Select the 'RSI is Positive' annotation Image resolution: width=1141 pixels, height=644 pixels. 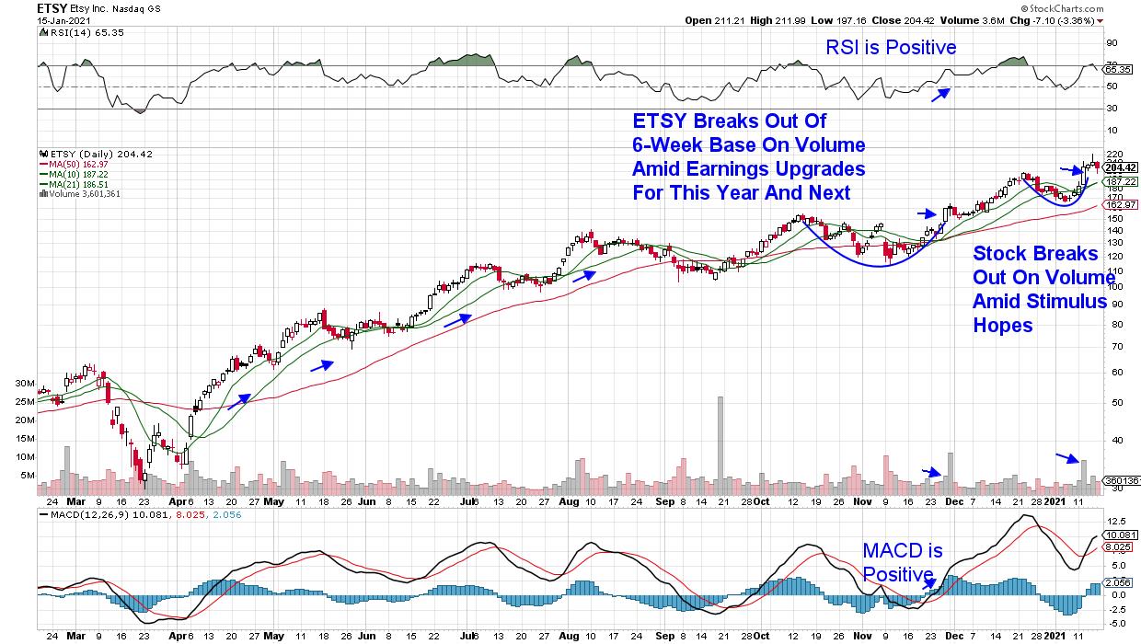coord(888,48)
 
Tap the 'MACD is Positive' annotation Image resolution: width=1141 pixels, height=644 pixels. coord(903,562)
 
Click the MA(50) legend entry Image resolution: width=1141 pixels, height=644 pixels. coord(73,164)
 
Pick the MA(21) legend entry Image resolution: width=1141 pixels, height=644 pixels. coord(73,183)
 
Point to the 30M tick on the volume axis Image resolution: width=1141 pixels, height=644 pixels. coord(25,383)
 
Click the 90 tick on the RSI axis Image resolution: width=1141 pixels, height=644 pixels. coord(1111,42)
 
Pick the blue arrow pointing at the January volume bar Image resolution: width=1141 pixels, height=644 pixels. coord(1067,457)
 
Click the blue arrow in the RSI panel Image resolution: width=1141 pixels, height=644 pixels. coord(940,94)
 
